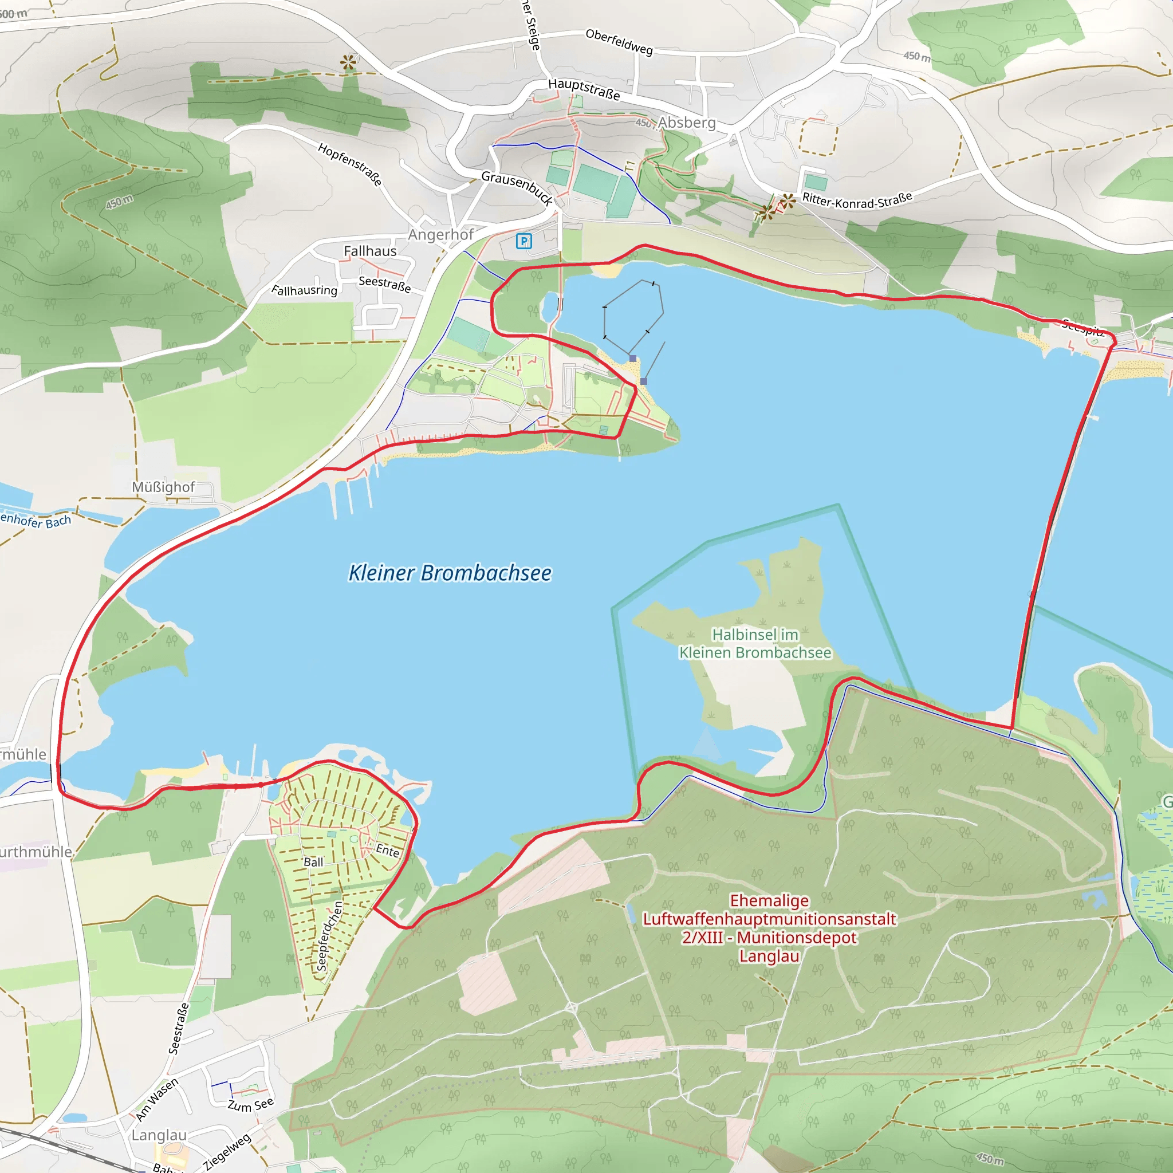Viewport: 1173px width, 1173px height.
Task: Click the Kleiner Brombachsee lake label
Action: click(x=450, y=573)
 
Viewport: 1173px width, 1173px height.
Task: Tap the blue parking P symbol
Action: click(x=523, y=241)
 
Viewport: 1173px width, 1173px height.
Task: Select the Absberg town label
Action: click(x=687, y=123)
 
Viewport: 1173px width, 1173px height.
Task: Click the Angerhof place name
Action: click(x=441, y=234)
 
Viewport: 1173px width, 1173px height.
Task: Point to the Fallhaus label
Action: click(x=370, y=251)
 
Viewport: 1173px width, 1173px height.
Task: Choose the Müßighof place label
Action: click(x=163, y=487)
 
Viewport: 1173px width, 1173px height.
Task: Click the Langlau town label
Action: click(x=159, y=1135)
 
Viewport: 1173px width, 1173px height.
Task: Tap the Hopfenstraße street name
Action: click(x=351, y=164)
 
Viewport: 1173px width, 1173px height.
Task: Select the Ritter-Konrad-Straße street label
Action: click(x=857, y=200)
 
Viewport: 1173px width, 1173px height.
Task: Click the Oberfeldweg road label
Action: click(x=619, y=42)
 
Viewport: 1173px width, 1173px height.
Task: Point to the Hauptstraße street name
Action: click(x=584, y=89)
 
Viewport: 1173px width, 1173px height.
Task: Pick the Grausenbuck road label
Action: click(x=517, y=188)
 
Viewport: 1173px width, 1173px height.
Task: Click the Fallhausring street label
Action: click(x=304, y=290)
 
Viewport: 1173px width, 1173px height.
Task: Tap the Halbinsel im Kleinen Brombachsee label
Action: click(x=755, y=643)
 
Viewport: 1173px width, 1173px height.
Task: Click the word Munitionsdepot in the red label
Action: click(x=797, y=938)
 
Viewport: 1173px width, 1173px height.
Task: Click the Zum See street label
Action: click(x=250, y=1104)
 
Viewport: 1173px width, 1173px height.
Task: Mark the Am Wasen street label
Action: click(x=156, y=1099)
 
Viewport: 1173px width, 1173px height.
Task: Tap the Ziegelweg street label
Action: click(x=227, y=1151)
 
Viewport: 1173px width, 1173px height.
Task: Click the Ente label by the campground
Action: click(x=387, y=850)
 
